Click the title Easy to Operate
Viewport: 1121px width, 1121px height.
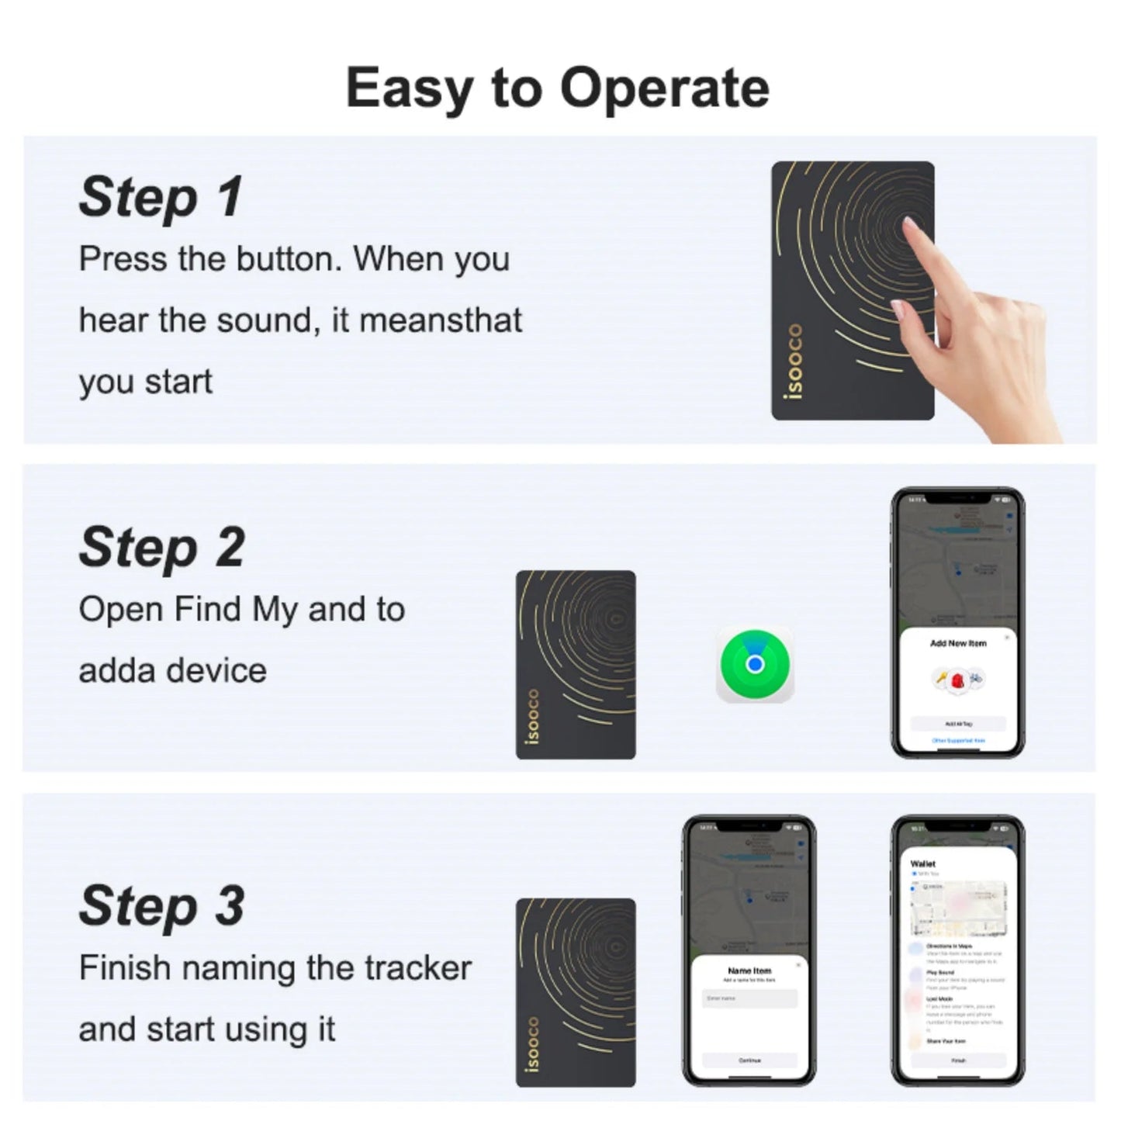click(557, 87)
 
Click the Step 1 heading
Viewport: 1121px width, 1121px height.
click(161, 197)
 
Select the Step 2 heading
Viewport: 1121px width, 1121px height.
click(161, 548)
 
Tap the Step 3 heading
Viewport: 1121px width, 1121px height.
click(161, 905)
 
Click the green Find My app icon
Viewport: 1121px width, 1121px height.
click(754, 664)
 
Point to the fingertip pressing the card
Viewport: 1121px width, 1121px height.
click(909, 227)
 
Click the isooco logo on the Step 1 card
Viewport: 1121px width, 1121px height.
click(793, 362)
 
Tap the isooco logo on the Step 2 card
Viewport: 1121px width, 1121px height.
click(532, 715)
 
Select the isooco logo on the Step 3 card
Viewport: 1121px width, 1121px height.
click(532, 1044)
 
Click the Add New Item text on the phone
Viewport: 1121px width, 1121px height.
click(958, 643)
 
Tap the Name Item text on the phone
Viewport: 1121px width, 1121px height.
click(749, 970)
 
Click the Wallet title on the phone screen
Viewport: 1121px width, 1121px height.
click(922, 863)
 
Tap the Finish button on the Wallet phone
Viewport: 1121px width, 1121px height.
click(958, 1060)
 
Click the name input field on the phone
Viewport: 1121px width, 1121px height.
click(749, 998)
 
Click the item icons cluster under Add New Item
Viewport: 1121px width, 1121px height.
click(958, 680)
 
